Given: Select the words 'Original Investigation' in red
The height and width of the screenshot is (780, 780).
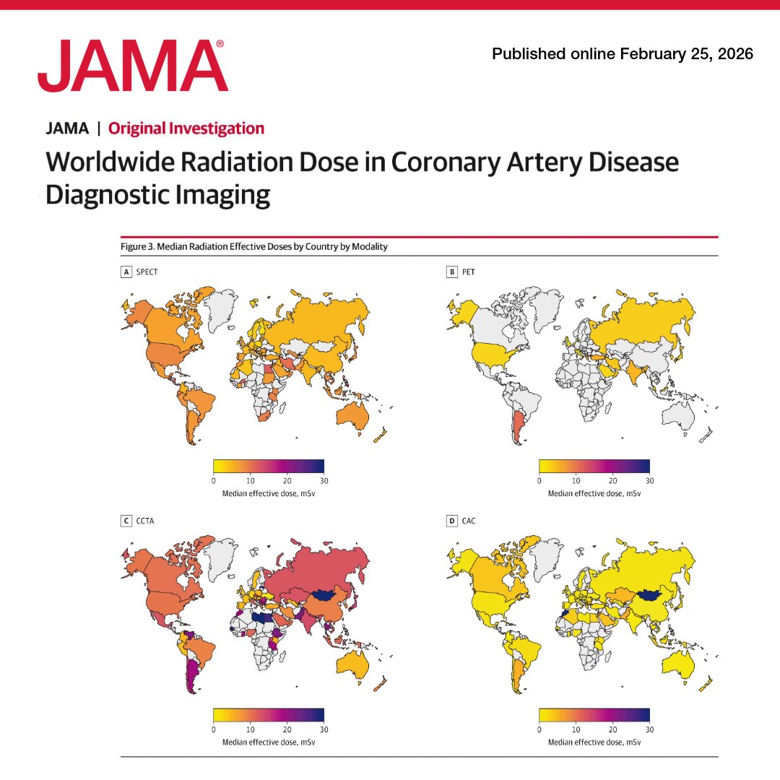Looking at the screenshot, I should coord(186,129).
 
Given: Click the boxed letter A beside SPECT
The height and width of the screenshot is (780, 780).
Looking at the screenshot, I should coord(126,272).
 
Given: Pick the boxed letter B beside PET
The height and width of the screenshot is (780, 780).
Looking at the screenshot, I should coord(452,272).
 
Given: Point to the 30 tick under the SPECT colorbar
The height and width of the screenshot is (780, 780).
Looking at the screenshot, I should coord(324,480).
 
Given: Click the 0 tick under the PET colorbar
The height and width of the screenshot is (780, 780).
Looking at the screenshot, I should coord(539,480).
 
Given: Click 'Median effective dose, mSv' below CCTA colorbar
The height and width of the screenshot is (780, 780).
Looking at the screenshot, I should coord(269,742).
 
